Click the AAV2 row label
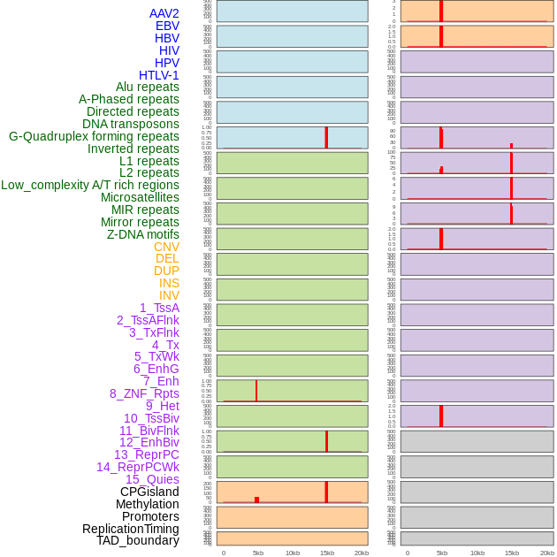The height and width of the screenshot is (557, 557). [x=164, y=13]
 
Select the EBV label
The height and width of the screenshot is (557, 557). [x=166, y=26]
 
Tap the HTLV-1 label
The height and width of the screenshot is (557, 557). [x=158, y=75]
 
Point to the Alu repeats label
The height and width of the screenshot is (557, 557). [x=147, y=87]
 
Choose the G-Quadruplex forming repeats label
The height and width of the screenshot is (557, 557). [x=94, y=136]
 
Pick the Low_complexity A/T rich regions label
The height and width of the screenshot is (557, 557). [x=89, y=185]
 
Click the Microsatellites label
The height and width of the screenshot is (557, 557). [x=140, y=197]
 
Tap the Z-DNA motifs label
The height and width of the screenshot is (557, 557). [x=142, y=234]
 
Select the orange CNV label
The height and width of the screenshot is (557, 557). [x=166, y=247]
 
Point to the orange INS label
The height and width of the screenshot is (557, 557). [x=169, y=283]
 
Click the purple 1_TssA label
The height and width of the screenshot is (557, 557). [x=159, y=308]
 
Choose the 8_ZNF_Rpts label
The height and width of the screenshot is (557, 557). [x=144, y=393]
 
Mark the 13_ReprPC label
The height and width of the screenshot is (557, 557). [x=146, y=454]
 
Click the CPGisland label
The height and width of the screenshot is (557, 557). [x=149, y=492]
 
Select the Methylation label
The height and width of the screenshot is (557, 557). [x=147, y=504]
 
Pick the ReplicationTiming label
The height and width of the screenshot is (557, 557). [x=130, y=529]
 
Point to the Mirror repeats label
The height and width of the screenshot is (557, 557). [x=140, y=222]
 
